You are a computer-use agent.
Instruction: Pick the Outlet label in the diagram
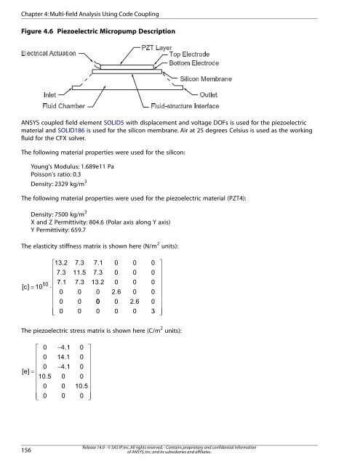tap(243, 93)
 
